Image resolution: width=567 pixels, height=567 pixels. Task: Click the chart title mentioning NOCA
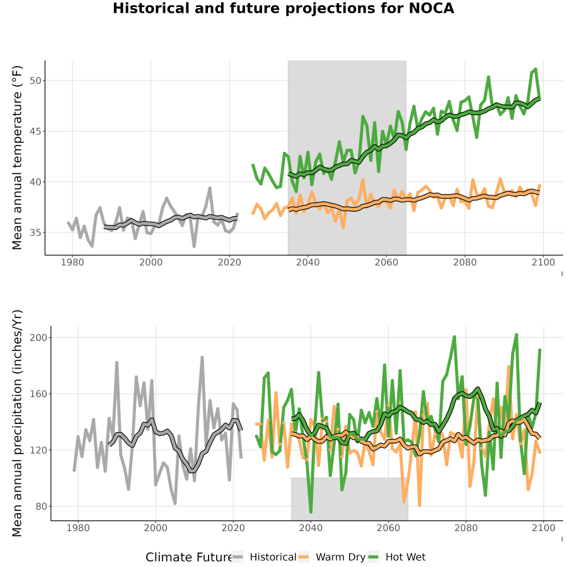[x=283, y=8]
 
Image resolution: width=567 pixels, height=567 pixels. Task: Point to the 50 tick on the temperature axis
[x=35, y=81]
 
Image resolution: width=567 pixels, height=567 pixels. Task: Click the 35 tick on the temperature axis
[x=35, y=232]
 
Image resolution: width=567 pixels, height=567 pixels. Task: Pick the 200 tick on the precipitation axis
[x=38, y=338]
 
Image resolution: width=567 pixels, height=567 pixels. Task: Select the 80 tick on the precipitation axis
[x=41, y=507]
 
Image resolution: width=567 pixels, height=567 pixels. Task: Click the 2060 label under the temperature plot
[x=386, y=262]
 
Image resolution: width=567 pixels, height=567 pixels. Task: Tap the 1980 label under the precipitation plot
[x=78, y=528]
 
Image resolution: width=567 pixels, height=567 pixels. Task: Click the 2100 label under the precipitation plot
[x=544, y=528]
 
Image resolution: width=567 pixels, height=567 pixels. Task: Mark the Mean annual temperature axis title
[x=17, y=157]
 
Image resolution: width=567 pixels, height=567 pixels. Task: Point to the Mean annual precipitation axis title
[x=17, y=423]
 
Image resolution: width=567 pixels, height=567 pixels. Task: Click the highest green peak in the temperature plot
[x=535, y=69]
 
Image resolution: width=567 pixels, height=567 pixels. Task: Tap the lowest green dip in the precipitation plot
[x=311, y=512]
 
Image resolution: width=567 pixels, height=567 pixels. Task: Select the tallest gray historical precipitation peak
[x=202, y=357]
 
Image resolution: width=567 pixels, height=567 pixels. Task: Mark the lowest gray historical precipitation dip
[x=175, y=503]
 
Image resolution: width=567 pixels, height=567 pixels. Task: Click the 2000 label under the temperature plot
[x=151, y=262]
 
